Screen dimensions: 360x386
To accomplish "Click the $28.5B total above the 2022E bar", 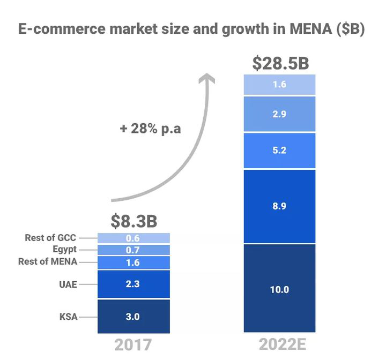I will [x=280, y=63].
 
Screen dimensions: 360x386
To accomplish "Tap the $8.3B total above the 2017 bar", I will [x=134, y=221].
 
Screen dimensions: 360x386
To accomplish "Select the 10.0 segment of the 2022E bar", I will [x=279, y=289].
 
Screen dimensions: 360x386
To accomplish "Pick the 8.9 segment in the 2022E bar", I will [x=279, y=207].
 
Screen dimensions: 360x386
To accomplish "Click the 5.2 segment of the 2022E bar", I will [x=279, y=151].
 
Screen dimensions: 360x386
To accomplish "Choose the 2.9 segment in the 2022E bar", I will [x=279, y=114].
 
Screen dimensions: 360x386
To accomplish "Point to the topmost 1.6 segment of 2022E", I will [x=279, y=85].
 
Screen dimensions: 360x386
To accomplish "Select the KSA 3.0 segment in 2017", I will [x=133, y=317].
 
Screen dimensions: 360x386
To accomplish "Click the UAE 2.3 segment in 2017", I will [x=133, y=284].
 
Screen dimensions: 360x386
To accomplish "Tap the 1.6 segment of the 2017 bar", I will [x=133, y=262].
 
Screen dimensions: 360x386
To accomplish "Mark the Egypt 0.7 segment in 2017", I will [x=133, y=250].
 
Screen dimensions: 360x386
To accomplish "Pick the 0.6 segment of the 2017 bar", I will [x=133, y=238].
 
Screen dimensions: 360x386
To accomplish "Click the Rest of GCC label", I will [x=51, y=238].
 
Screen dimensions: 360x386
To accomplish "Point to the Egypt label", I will [x=64, y=250].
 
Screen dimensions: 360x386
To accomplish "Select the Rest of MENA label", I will [x=48, y=262].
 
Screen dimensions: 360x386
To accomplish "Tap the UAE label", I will [x=68, y=284].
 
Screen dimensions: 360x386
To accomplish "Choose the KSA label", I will [x=68, y=317].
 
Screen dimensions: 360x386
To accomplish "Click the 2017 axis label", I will [x=133, y=345].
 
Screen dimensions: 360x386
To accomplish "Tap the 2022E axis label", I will [x=279, y=345].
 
